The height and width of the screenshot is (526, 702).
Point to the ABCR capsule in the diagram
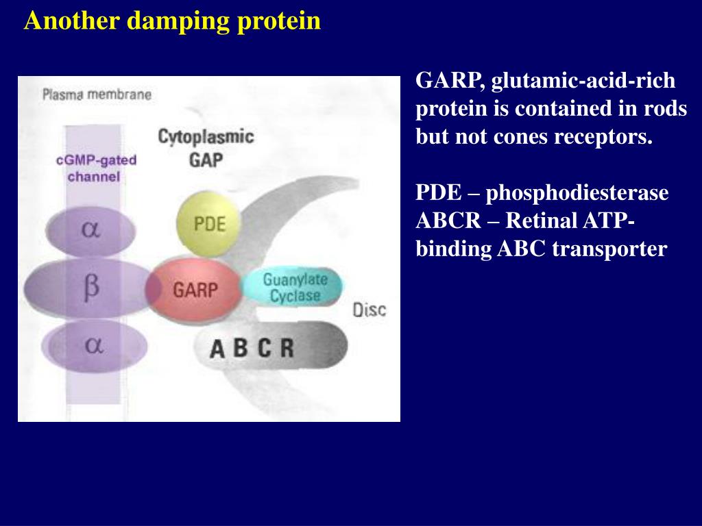[x=271, y=347]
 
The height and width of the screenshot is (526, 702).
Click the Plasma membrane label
[x=96, y=95]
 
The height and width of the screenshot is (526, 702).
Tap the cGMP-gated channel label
[x=96, y=168]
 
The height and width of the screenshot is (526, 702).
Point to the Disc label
[x=370, y=310]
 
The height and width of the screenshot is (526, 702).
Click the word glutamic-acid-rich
[x=583, y=82]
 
